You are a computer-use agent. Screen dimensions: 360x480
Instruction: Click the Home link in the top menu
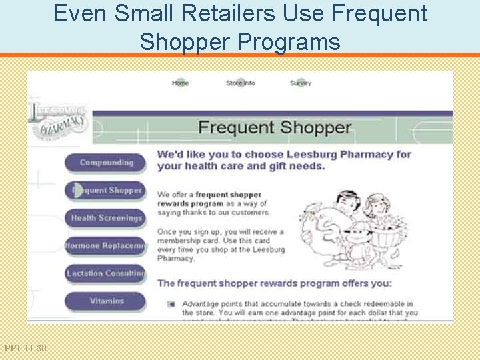[x=180, y=83]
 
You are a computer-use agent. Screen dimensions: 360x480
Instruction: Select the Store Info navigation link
[x=240, y=83]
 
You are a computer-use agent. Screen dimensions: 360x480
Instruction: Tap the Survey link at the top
[x=300, y=83]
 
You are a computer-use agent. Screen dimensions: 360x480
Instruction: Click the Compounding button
[x=105, y=163]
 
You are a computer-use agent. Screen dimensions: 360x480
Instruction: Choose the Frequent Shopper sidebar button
[x=105, y=191]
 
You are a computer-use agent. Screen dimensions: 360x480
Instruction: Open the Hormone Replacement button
[x=105, y=246]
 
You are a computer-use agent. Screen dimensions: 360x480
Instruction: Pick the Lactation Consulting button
[x=105, y=273]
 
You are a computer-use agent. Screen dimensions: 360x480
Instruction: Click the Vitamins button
[x=105, y=301]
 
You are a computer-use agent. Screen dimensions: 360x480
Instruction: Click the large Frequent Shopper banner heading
[x=275, y=127]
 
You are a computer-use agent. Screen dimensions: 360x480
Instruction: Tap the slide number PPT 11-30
[x=25, y=348]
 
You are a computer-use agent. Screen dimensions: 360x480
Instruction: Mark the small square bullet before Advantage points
[x=171, y=304]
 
